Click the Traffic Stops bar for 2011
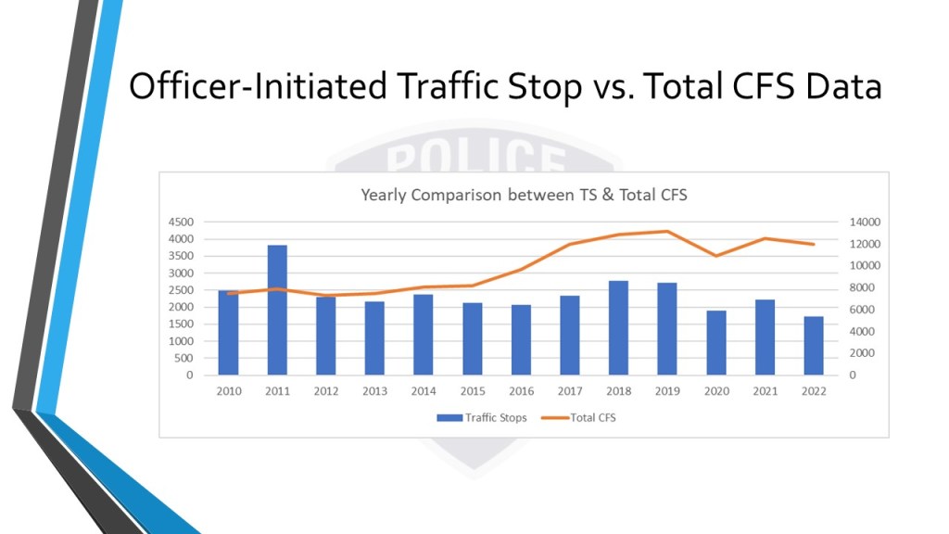click(x=277, y=311)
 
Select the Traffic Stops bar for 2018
click(x=619, y=328)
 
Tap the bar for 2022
click(x=814, y=346)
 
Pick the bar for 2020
click(x=716, y=343)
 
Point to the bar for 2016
click(x=521, y=340)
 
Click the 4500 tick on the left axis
click(x=182, y=222)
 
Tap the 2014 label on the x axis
click(x=424, y=391)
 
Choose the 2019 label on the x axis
click(x=667, y=391)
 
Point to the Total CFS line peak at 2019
click(x=667, y=232)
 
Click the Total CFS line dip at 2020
click(x=716, y=255)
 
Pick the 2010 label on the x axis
click(x=229, y=391)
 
